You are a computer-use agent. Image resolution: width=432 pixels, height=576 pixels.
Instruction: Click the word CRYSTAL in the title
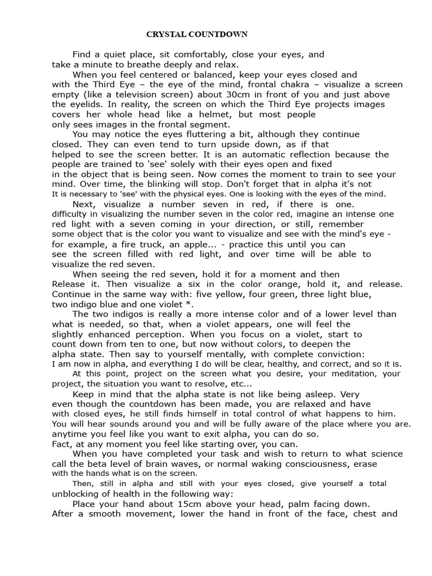click(x=163, y=34)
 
